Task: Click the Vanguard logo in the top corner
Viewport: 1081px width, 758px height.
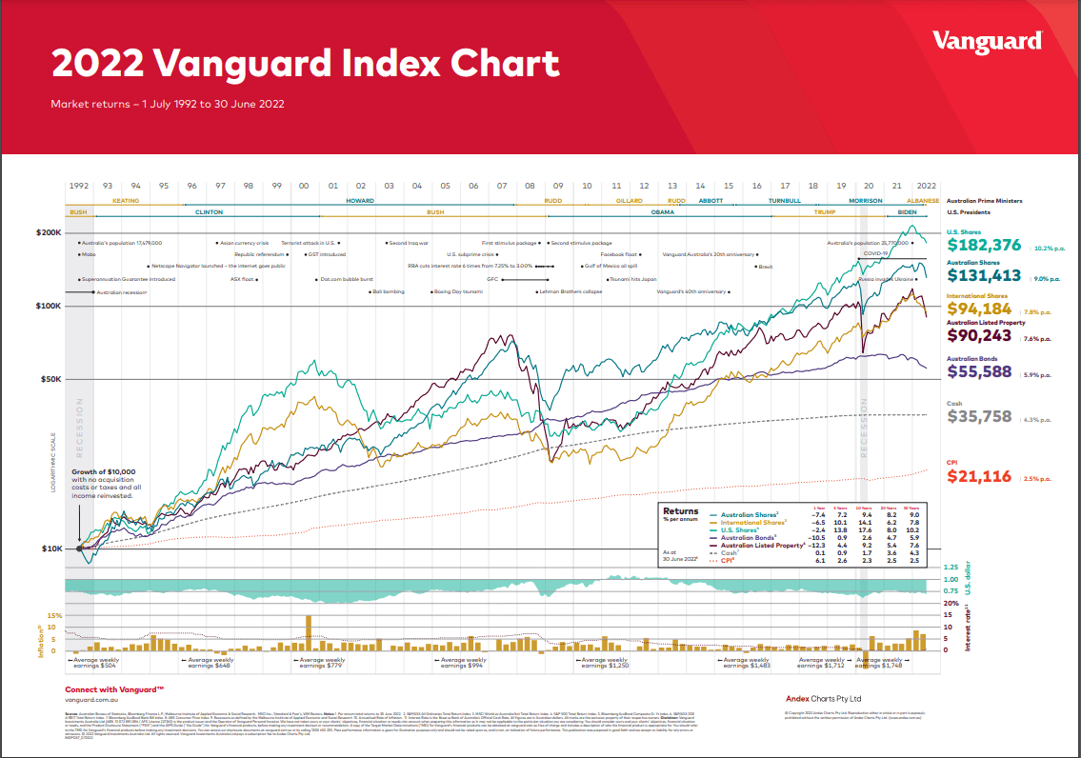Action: tap(987, 41)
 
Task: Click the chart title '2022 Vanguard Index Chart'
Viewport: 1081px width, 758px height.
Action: tap(305, 64)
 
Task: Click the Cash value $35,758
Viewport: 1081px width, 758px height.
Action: tap(979, 416)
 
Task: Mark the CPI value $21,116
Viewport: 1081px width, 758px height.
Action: tap(979, 476)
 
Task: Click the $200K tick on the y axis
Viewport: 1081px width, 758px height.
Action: tap(49, 232)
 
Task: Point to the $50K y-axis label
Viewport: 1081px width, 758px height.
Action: tap(50, 379)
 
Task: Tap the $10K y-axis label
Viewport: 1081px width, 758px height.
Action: tap(50, 549)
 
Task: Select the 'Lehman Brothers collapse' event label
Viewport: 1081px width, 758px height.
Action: tap(572, 291)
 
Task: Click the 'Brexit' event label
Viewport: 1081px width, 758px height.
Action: tap(765, 267)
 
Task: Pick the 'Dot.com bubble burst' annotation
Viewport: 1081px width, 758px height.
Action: tap(346, 279)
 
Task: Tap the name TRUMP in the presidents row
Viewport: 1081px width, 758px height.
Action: tap(825, 212)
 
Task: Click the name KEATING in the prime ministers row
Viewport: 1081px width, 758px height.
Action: tap(126, 201)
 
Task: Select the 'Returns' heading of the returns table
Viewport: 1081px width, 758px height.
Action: tap(680, 511)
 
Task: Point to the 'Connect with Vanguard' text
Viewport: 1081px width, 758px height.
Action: tap(114, 688)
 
